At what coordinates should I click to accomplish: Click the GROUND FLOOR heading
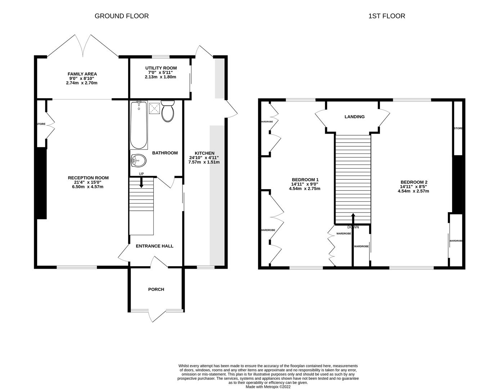pyautogui.click(x=121, y=16)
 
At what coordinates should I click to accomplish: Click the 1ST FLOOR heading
pyautogui.click(x=387, y=16)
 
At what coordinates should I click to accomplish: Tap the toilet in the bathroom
pyautogui.click(x=168, y=111)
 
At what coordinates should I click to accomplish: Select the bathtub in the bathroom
pyautogui.click(x=139, y=125)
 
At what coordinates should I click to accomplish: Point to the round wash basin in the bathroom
pyautogui.click(x=138, y=161)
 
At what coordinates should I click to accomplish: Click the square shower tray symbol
pyautogui.click(x=155, y=107)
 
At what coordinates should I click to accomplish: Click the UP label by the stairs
pyautogui.click(x=141, y=174)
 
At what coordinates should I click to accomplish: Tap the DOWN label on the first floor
pyautogui.click(x=353, y=227)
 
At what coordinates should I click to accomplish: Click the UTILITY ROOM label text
pyautogui.click(x=161, y=68)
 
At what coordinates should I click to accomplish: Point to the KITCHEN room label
pyautogui.click(x=204, y=153)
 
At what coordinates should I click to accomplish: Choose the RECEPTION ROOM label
pyautogui.click(x=88, y=178)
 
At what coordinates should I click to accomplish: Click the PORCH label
pyautogui.click(x=156, y=289)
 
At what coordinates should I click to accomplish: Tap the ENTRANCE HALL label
pyautogui.click(x=154, y=246)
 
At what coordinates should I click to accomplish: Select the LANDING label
pyautogui.click(x=354, y=117)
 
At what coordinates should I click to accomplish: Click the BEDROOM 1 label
pyautogui.click(x=305, y=179)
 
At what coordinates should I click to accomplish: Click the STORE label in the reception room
pyautogui.click(x=41, y=124)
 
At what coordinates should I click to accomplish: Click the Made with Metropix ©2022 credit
pyautogui.click(x=268, y=387)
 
